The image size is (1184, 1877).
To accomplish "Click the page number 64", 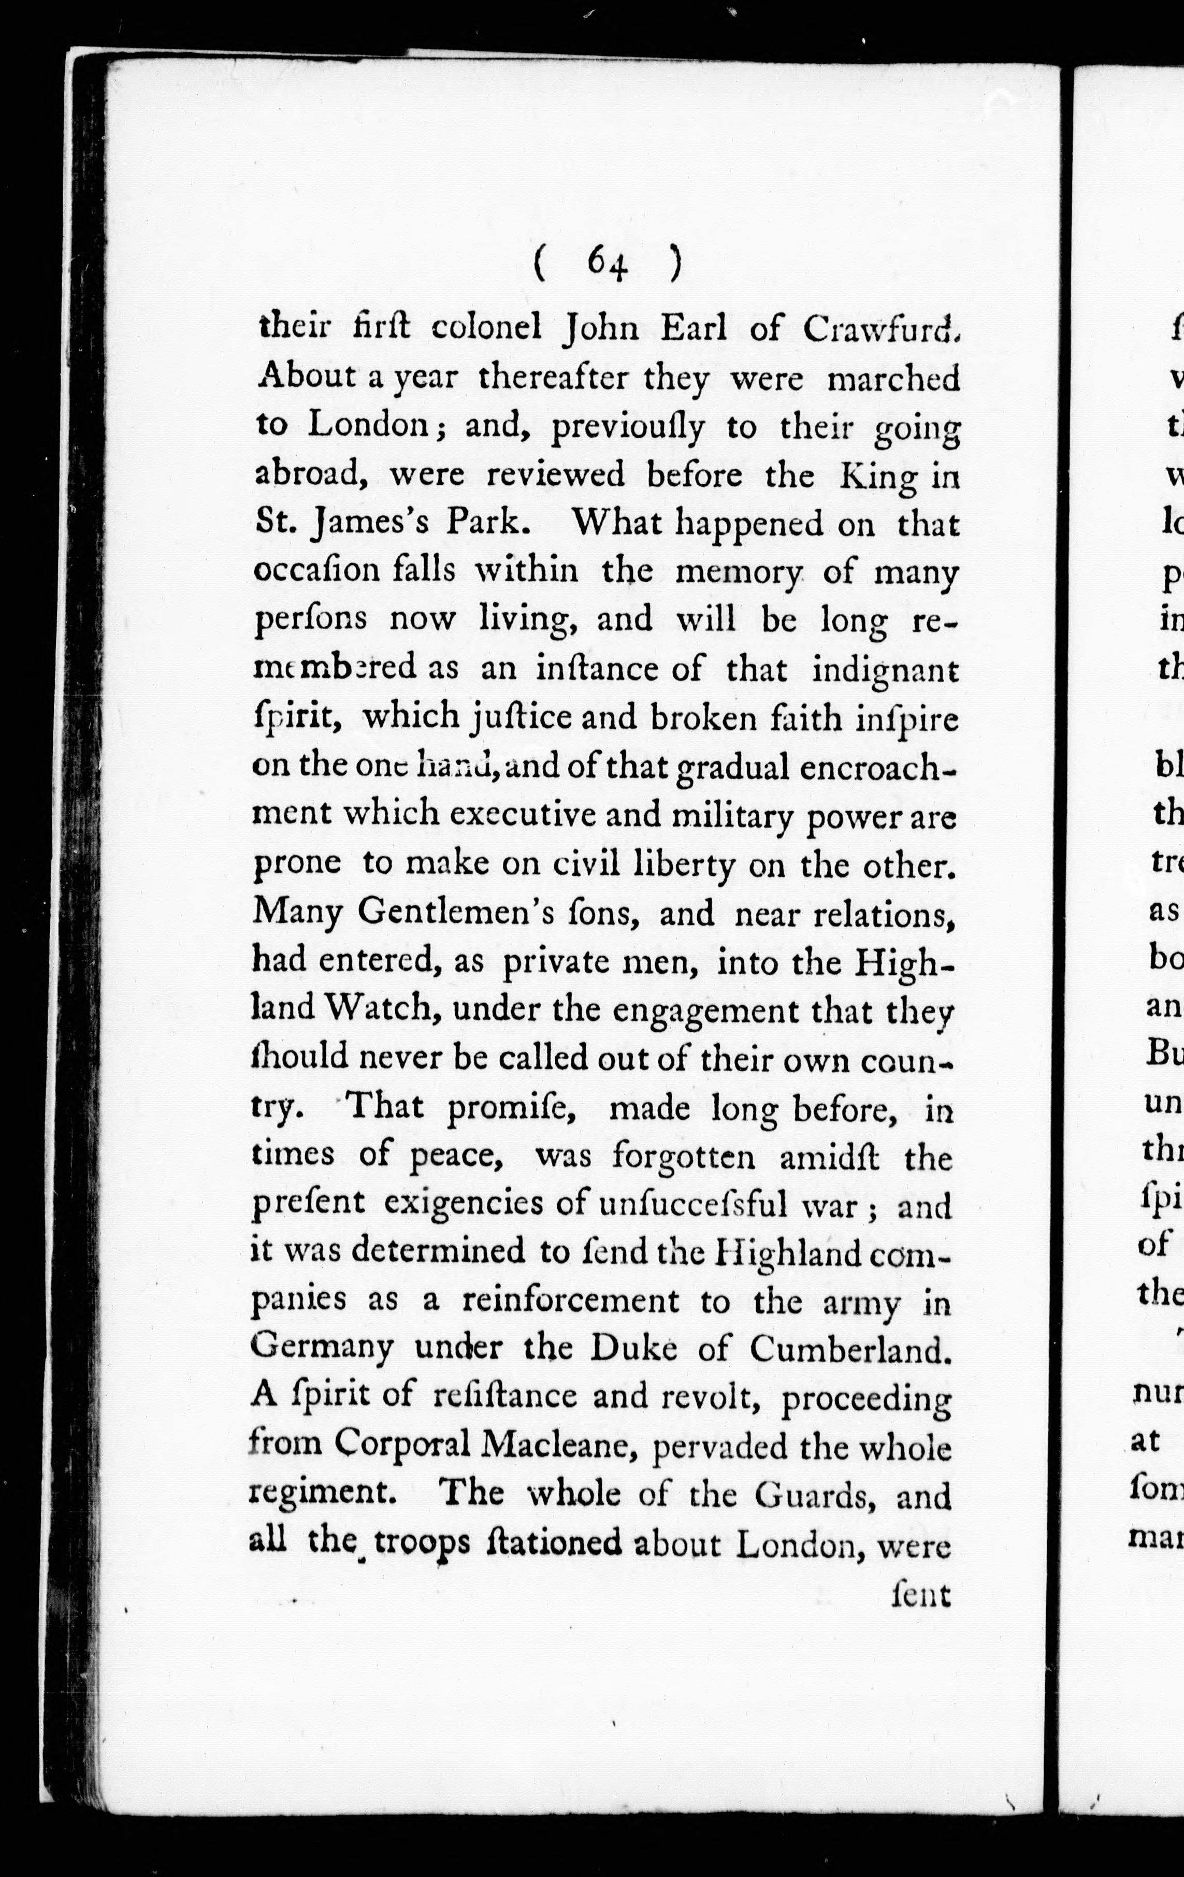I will (x=608, y=264).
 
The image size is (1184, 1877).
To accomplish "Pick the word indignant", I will (x=885, y=670).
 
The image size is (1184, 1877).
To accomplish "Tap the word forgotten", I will (x=684, y=1157).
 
